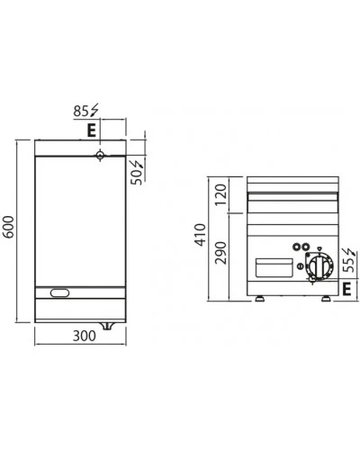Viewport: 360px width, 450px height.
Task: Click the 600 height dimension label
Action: (9, 227)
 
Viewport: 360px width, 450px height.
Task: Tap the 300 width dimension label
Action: (85, 336)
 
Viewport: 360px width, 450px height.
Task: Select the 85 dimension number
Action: (81, 112)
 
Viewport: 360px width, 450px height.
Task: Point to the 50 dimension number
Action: (137, 177)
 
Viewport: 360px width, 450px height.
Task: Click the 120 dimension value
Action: (220, 194)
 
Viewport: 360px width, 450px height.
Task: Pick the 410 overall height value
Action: (201, 235)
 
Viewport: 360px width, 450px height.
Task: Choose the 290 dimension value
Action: (220, 253)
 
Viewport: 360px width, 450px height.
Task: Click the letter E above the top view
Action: (92, 130)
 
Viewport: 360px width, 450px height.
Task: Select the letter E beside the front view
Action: (346, 289)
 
